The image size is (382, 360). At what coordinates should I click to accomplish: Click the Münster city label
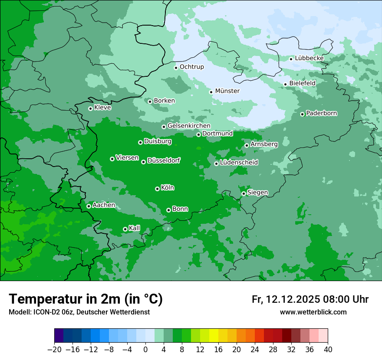227,91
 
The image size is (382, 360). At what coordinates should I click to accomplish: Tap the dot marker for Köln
157,189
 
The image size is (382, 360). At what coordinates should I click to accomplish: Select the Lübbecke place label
309,58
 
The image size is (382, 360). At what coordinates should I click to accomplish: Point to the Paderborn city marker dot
303,114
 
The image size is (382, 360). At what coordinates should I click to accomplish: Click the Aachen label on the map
104,205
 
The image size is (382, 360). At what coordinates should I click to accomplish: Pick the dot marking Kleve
90,108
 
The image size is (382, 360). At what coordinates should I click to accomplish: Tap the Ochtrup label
191,67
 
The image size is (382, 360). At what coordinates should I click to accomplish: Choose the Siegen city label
257,193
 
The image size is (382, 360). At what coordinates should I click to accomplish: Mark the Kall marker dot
125,229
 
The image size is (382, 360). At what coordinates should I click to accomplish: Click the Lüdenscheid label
239,163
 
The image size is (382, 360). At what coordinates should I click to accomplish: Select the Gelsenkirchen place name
189,126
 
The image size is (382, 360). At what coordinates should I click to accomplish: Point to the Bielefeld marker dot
285,84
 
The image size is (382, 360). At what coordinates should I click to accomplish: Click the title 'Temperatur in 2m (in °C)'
86,299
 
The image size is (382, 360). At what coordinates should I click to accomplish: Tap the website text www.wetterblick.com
313,312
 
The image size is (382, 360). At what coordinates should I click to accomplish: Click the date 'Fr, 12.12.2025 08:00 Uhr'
310,299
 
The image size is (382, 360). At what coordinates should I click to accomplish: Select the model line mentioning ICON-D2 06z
79,312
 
